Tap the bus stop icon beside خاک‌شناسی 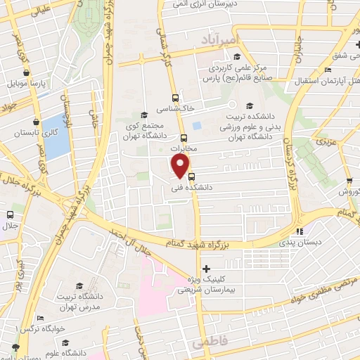click(x=175, y=98)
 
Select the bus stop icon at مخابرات click(x=184, y=139)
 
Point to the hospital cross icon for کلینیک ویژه click(x=206, y=269)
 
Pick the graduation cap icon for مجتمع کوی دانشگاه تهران click(x=144, y=115)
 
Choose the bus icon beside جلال click(x=10, y=214)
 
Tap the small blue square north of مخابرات click(x=197, y=126)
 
